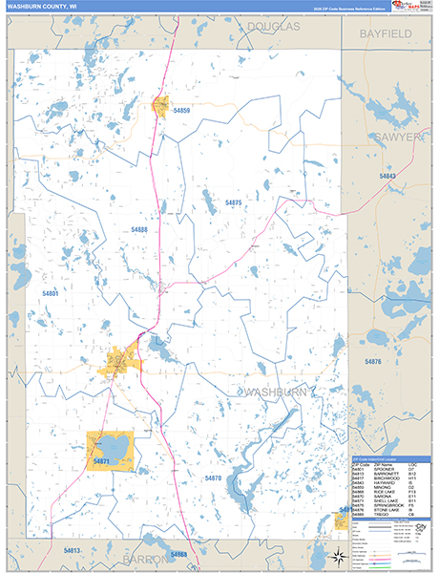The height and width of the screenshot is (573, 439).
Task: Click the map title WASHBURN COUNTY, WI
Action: coord(43,7)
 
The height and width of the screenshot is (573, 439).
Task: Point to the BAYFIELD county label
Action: coord(385,33)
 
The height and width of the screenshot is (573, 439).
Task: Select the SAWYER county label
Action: coord(399,138)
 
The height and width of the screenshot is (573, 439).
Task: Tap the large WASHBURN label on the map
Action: coord(276,393)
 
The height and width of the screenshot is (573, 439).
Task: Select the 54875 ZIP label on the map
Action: coord(234,203)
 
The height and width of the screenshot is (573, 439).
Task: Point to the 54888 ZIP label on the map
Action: coord(139,230)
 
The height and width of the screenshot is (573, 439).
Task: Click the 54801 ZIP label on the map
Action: coord(51,293)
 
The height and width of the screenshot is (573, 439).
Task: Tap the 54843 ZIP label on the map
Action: coord(387,177)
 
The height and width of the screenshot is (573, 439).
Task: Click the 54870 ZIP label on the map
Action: coord(212,477)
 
